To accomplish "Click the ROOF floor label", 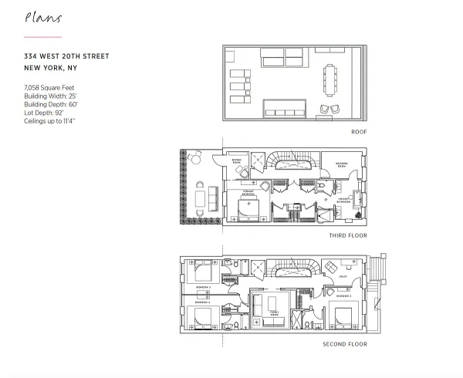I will point(358,132).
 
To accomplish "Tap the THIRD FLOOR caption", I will point(348,235).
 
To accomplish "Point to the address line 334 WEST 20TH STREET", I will point(66,56).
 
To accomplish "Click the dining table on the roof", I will point(330,76).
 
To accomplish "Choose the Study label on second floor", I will point(343,275).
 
